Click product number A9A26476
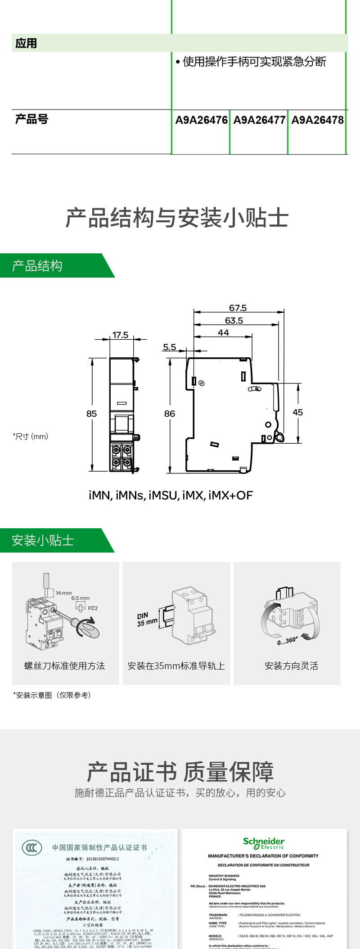point(201,120)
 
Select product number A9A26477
point(259,120)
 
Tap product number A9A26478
point(317,120)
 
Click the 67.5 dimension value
point(238,308)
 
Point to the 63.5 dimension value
point(234,321)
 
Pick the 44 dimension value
point(223,333)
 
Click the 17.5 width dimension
point(120,335)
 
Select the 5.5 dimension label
point(169,347)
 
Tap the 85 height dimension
point(91,414)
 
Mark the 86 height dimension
point(169,414)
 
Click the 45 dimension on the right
point(297,412)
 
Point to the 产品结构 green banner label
point(37,266)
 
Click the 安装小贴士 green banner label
point(43,540)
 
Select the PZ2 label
point(93,608)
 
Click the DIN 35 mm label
point(147,619)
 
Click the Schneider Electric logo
point(264,842)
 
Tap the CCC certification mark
point(32,848)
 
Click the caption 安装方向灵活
point(291,666)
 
